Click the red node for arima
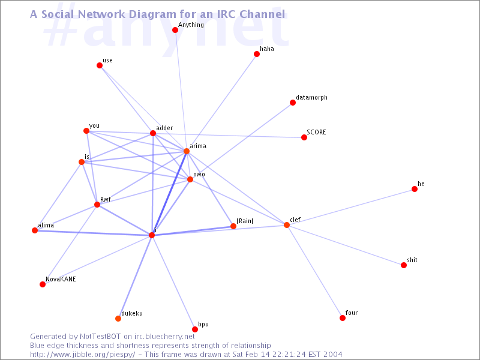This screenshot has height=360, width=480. (187, 151)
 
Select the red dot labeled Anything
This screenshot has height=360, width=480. (175, 30)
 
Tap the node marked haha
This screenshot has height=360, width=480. (257, 54)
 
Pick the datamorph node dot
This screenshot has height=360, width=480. (293, 103)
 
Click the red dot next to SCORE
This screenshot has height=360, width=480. (304, 137)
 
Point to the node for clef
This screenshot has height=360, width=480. (287, 225)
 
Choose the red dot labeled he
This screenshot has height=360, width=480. (415, 189)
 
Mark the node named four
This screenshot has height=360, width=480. (343, 318)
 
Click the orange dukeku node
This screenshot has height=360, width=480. (118, 319)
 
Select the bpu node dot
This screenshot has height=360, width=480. (194, 329)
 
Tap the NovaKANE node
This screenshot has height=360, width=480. (43, 284)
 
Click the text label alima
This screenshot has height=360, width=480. (46, 226)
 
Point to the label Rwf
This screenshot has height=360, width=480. (106, 199)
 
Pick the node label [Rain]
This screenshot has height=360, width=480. (245, 221)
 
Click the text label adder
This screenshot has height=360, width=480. (164, 128)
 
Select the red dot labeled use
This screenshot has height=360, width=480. (100, 65)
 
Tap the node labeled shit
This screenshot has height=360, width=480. (404, 265)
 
